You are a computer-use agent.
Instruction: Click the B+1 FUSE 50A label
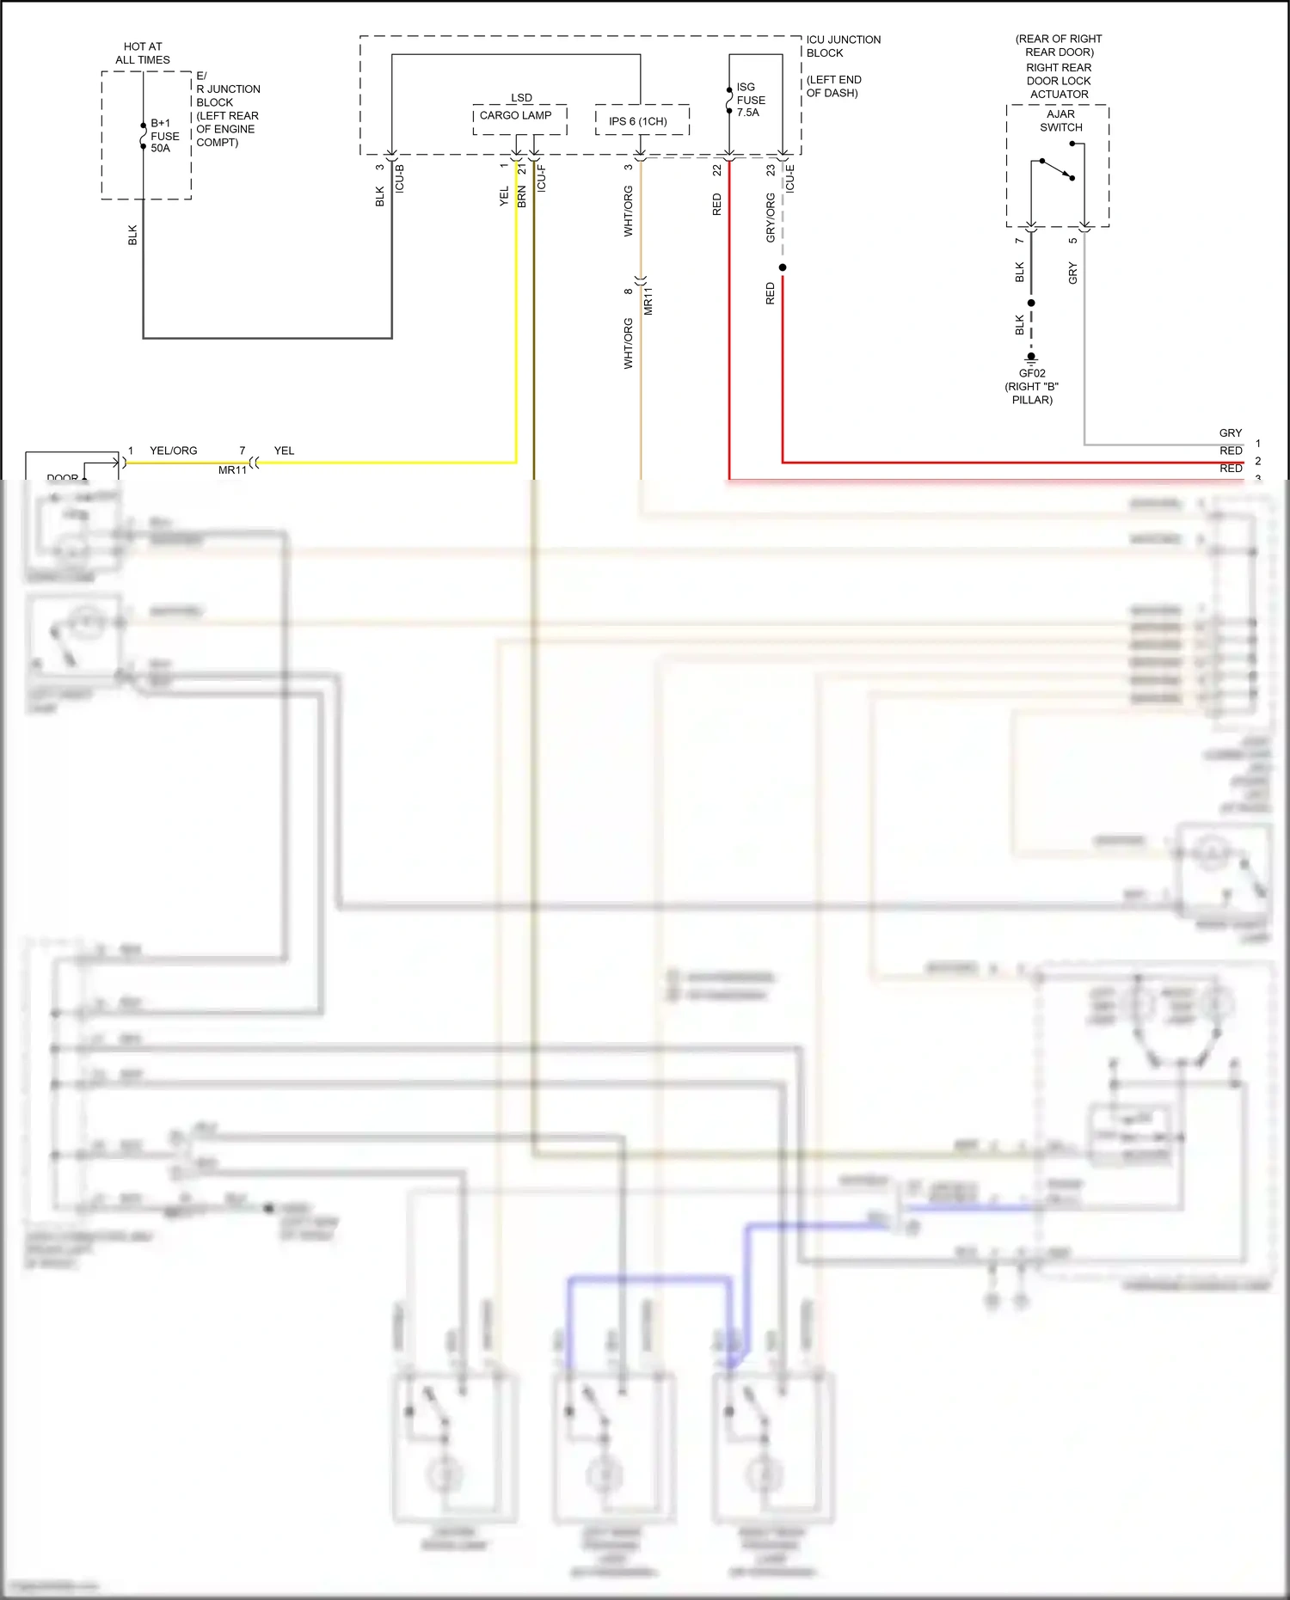pos(164,136)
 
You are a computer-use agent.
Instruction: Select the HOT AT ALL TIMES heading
pos(143,53)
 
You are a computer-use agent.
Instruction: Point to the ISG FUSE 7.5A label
pos(749,100)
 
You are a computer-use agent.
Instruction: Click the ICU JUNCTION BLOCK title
pos(843,46)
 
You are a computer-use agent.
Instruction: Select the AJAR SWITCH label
pos(1060,120)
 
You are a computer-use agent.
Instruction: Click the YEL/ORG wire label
pos(173,451)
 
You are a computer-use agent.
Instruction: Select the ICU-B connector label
pos(399,178)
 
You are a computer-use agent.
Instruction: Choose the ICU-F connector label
pos(541,178)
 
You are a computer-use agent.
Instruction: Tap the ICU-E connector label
pos(789,178)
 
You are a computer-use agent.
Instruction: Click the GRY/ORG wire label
pos(771,217)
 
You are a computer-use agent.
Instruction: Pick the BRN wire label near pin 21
pos(522,197)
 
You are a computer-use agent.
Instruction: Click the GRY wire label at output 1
pos(1230,433)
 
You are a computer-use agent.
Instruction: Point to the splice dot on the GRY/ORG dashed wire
pos(783,267)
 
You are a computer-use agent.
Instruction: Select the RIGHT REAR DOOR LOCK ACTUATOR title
pos(1059,81)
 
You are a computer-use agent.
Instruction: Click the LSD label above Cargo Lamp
pos(521,98)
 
